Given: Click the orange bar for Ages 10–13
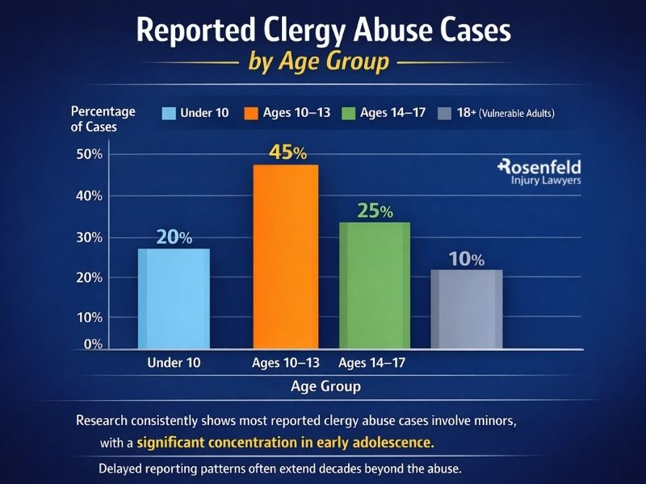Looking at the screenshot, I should [286, 257].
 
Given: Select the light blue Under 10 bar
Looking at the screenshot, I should [175, 298].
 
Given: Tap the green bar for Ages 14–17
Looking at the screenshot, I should [374, 286].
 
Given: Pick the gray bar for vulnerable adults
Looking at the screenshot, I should [467, 309].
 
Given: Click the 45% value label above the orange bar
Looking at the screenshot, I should [287, 152].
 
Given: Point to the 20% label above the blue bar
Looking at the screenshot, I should [174, 237].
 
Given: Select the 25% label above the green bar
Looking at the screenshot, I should [374, 211].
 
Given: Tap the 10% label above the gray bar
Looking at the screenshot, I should [466, 259].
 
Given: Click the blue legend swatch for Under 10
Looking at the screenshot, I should [169, 113].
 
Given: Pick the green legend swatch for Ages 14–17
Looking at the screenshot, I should [349, 113].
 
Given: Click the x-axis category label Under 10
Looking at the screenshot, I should [174, 363].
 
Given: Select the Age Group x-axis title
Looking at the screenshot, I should [325, 386].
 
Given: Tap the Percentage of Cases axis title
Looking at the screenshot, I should [103, 119].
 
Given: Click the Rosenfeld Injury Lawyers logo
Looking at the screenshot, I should [539, 172].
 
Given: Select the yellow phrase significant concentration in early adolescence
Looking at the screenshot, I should [285, 442].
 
